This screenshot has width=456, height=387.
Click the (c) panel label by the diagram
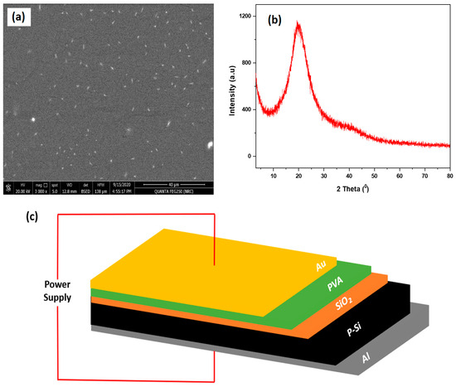pos(12,218)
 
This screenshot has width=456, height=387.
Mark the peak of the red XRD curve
pos(297,24)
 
